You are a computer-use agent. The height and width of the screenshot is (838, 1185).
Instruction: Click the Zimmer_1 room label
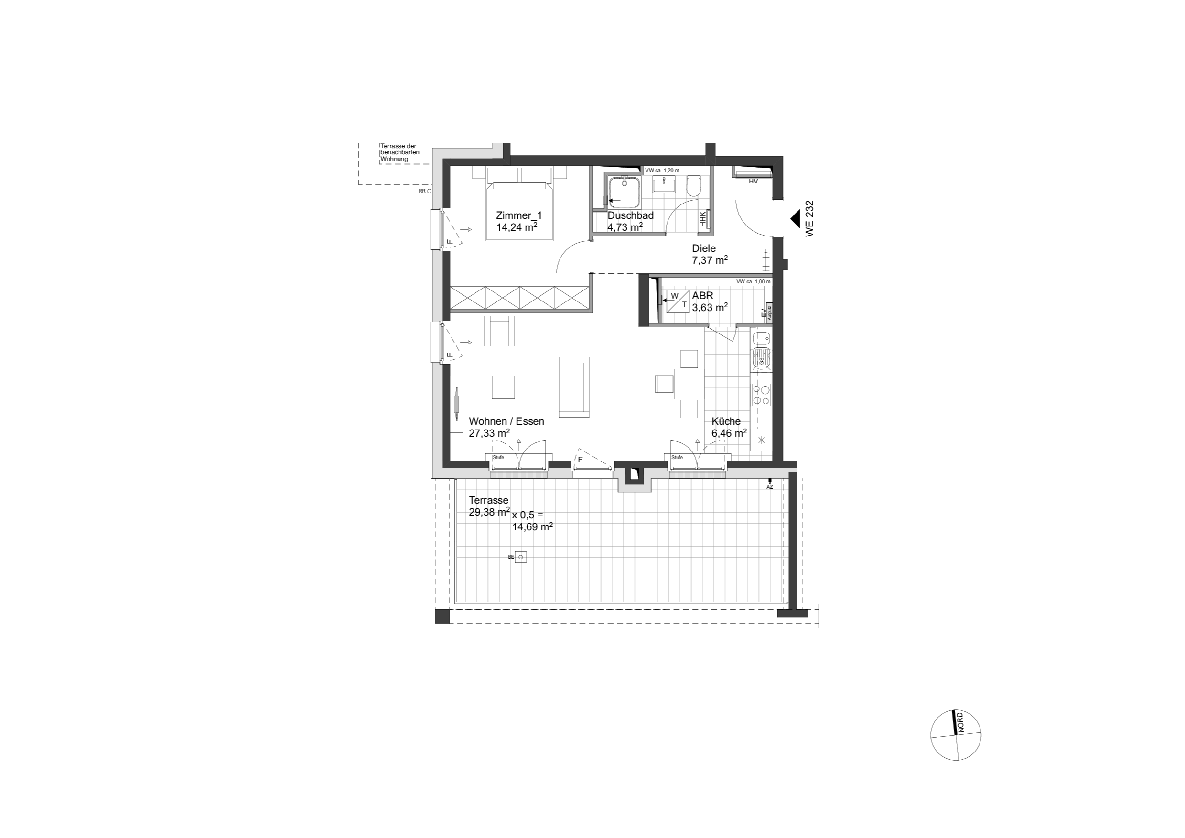519,215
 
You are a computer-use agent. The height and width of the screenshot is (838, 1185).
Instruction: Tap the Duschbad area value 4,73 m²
625,226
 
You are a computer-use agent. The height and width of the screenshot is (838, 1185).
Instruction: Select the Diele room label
703,249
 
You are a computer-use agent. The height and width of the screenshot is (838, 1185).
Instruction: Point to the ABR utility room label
702,296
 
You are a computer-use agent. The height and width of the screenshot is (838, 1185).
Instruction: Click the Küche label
726,421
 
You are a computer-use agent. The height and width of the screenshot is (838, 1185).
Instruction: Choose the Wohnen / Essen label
506,421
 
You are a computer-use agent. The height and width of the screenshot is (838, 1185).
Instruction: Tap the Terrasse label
488,500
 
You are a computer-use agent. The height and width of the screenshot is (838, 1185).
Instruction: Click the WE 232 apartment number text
809,219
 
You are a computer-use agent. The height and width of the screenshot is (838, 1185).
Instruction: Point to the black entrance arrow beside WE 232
795,219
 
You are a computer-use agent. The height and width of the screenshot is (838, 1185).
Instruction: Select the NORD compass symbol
956,735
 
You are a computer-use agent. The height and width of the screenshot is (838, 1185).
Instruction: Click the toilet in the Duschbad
694,187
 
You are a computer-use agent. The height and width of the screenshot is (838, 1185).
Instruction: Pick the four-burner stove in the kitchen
761,395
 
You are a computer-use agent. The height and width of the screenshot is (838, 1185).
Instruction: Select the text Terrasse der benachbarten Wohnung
400,153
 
